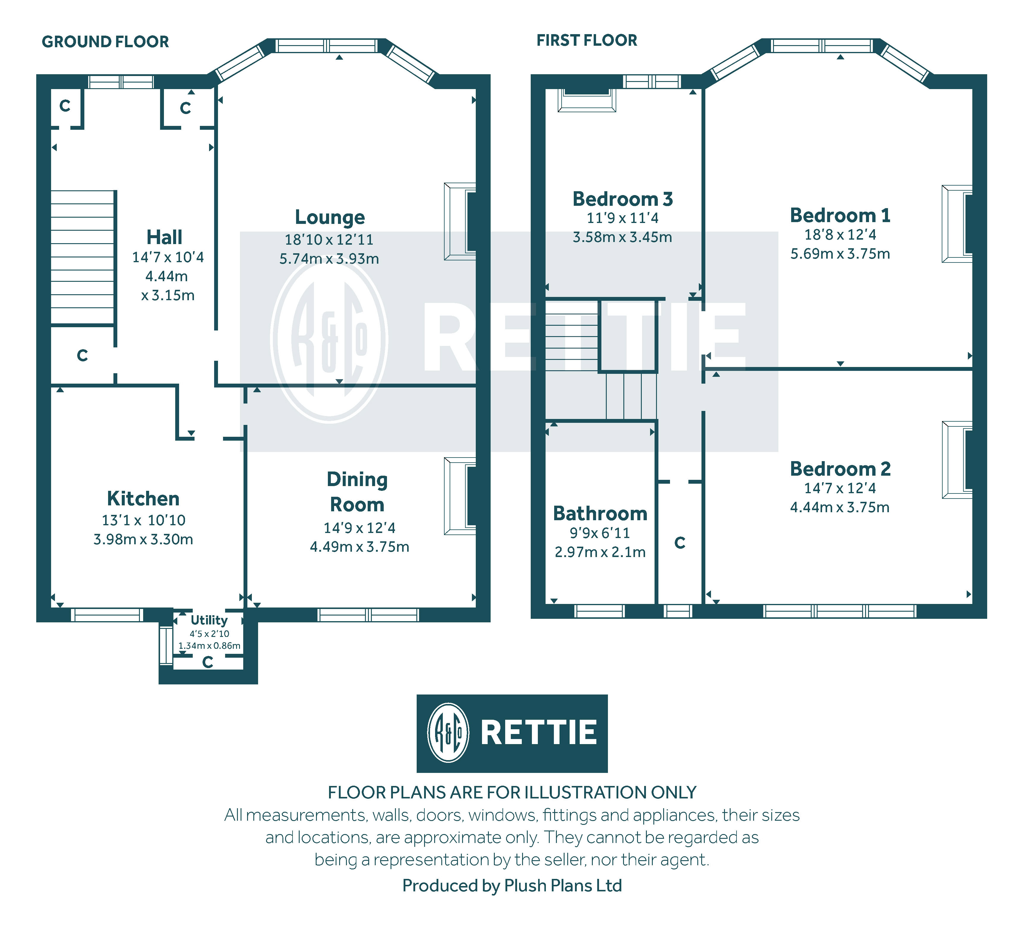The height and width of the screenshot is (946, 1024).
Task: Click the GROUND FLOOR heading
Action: tap(105, 42)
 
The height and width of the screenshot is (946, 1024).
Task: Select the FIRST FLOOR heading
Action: tap(587, 40)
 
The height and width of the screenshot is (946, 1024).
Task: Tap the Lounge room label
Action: tap(330, 217)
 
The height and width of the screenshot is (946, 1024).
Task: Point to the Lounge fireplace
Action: tap(460, 222)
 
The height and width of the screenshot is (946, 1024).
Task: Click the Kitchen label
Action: tap(143, 499)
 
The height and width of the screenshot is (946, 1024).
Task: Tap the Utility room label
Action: tap(209, 620)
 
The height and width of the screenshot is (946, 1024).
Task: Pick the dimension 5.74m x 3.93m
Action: tap(329, 259)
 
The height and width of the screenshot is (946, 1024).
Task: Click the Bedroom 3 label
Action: tap(622, 199)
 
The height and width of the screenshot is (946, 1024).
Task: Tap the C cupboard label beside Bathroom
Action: tap(679, 542)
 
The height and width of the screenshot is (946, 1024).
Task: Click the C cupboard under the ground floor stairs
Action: tap(83, 355)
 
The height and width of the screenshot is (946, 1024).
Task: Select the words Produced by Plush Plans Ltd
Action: tap(512, 886)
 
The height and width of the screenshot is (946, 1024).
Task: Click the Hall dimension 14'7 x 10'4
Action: tap(168, 257)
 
